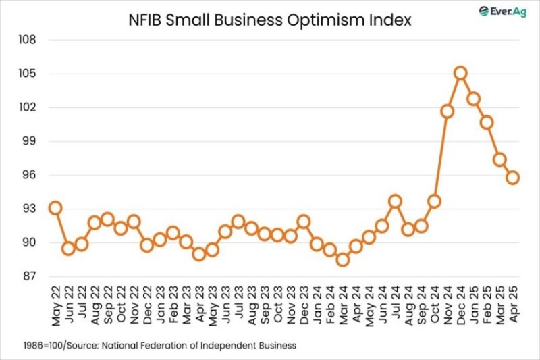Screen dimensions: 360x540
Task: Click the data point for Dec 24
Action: pos(460,73)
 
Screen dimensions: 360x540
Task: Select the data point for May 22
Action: pos(55,208)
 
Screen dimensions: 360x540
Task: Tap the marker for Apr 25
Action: pos(512,178)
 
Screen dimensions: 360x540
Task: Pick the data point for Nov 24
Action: pos(447,111)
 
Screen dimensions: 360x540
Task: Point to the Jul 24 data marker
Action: pos(395,201)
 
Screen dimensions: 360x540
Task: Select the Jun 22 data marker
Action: pos(68,248)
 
